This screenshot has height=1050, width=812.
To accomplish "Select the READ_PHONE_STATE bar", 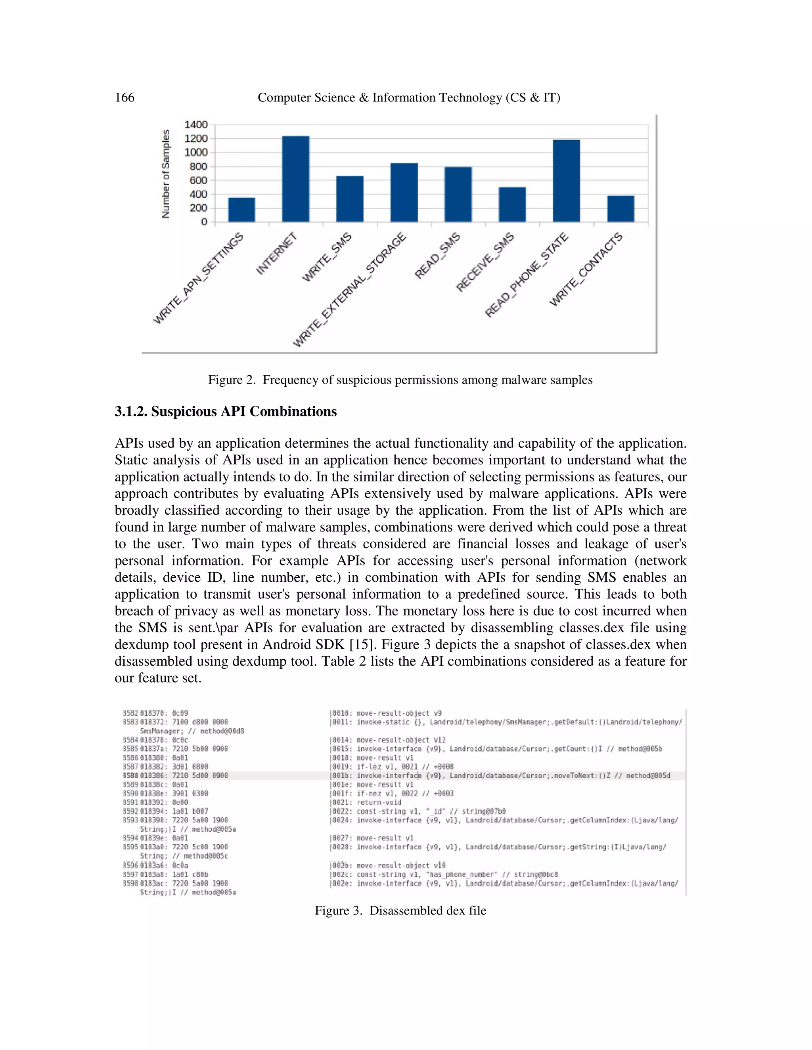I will tap(566, 181).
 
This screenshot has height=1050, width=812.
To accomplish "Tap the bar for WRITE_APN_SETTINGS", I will tap(241, 210).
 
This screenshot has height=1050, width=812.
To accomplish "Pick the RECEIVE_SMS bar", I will tap(512, 204).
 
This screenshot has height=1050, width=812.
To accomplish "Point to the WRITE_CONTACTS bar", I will tap(620, 209).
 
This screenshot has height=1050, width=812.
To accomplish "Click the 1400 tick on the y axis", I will tap(196, 124).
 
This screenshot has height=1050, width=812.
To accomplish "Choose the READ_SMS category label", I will tap(437, 256).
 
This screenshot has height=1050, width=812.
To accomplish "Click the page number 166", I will tap(124, 97).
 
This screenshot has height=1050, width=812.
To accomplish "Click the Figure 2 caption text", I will tap(400, 380).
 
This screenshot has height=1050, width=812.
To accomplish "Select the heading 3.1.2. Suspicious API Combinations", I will tap(226, 412).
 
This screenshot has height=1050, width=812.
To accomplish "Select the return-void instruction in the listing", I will tap(379, 802).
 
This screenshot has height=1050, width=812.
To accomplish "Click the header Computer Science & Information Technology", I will tap(408, 97).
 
